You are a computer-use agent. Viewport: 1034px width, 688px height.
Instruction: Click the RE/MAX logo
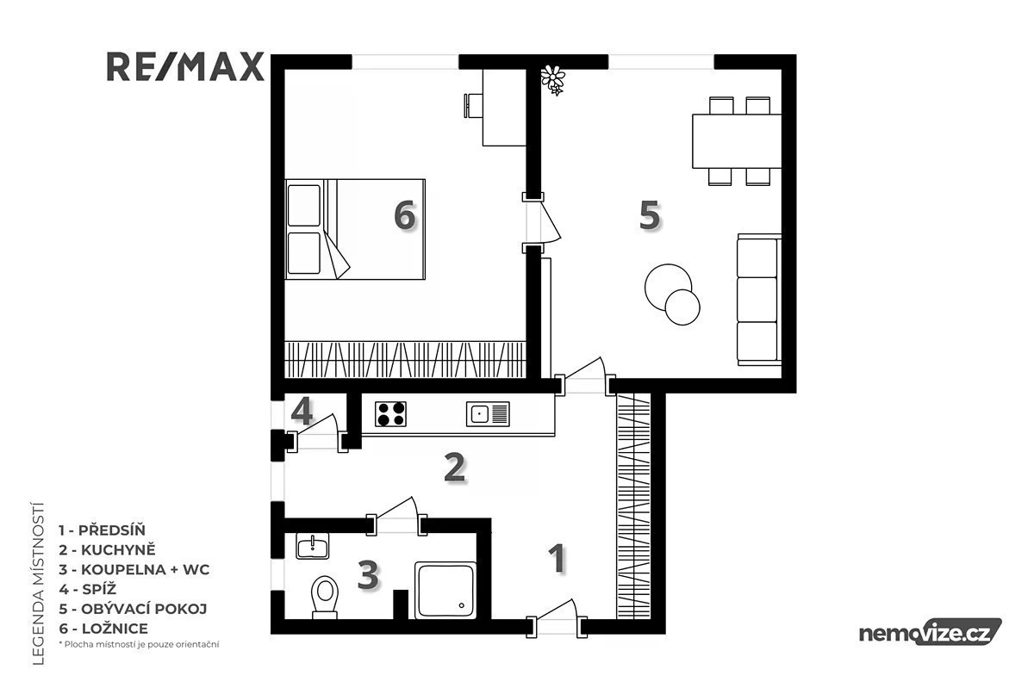[185, 67]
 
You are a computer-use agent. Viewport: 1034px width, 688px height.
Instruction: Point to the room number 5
[650, 215]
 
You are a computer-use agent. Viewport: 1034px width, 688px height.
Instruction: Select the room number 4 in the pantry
[302, 411]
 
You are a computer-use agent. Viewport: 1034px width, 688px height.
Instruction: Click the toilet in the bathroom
[325, 597]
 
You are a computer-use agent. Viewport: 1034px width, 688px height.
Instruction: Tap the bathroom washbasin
[313, 546]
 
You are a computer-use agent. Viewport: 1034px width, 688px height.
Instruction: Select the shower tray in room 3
[445, 590]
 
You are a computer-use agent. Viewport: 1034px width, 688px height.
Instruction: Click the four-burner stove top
[390, 414]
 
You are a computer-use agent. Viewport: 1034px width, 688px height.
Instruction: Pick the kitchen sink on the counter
[488, 414]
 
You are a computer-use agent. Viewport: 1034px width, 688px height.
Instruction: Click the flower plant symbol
[553, 80]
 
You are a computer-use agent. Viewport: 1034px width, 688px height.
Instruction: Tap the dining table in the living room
[737, 141]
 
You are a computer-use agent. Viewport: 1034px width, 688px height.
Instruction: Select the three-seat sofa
[759, 300]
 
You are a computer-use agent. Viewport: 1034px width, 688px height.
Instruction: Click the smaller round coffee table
[682, 307]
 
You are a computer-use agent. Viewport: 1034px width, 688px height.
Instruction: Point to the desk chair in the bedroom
[473, 107]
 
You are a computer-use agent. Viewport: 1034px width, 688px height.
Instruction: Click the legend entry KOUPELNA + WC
[134, 569]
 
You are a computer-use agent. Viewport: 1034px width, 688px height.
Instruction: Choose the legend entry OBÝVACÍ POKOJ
[133, 609]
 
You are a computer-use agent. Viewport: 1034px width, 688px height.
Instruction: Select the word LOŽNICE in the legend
[115, 629]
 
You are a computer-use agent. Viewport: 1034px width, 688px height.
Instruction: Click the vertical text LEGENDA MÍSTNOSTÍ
[39, 583]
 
